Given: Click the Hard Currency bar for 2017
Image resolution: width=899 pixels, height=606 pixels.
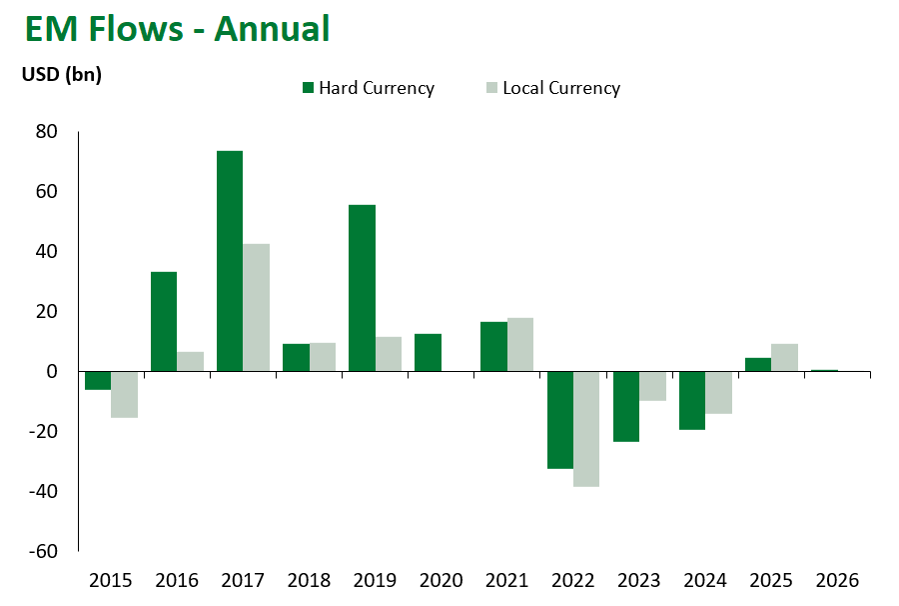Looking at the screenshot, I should (230, 261).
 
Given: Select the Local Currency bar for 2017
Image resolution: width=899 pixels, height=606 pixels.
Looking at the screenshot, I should (256, 307).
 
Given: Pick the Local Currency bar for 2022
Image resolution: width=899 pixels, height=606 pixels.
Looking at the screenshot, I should (586, 429).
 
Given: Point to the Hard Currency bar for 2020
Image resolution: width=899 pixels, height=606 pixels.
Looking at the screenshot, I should (428, 352).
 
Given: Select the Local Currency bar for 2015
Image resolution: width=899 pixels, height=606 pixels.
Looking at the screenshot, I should (124, 394).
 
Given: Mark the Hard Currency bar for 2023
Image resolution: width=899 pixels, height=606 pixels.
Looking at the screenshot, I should (626, 406).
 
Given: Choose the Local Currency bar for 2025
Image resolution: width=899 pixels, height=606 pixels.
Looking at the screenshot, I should (785, 357).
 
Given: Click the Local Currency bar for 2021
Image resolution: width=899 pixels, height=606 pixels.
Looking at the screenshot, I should (520, 344).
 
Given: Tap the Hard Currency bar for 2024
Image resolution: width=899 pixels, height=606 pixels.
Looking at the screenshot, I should (692, 400).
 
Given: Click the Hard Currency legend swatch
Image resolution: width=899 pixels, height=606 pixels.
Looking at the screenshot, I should (308, 88).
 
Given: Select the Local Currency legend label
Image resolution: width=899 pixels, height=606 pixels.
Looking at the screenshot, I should (561, 88).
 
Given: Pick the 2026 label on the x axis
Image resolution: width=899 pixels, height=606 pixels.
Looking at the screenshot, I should (837, 581).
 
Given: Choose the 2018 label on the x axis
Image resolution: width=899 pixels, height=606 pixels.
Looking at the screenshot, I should (309, 581).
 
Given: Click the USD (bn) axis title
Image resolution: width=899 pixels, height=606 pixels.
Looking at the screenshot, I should (62, 74).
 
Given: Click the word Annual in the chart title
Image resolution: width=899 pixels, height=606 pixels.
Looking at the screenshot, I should (271, 28).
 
